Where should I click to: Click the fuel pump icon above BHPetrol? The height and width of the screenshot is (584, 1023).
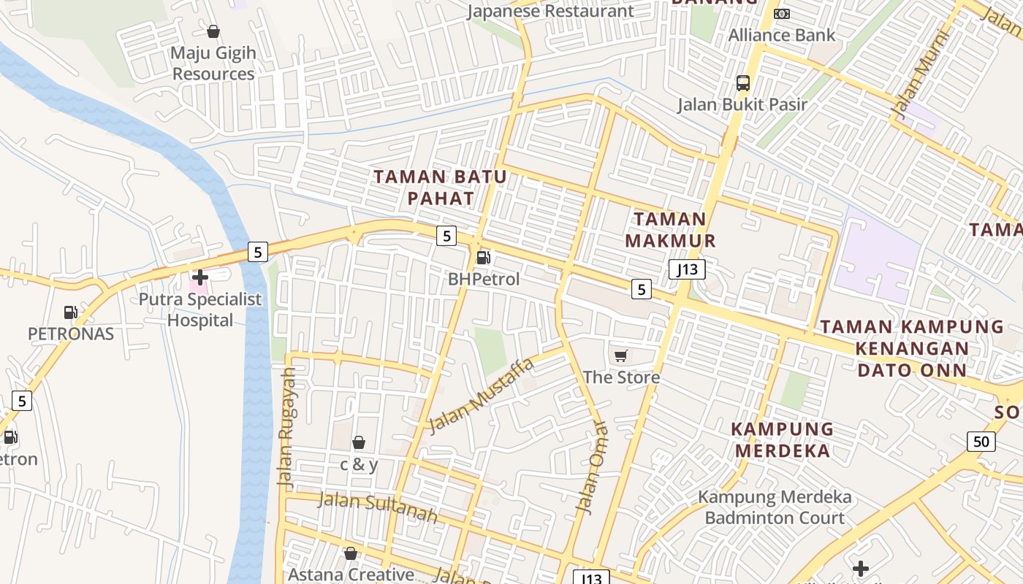[482, 257]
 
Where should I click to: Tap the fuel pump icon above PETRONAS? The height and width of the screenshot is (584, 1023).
[71, 312]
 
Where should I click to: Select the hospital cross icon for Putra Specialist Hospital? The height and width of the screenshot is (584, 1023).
[200, 277]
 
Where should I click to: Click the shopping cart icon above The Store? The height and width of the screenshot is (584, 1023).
[621, 356]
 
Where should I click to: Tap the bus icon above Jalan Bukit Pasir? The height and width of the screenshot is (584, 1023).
[743, 83]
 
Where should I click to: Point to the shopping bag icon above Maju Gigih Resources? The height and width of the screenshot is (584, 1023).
[213, 31]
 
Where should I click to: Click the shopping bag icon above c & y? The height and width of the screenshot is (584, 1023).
[359, 442]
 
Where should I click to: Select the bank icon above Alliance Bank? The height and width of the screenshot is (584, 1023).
[782, 14]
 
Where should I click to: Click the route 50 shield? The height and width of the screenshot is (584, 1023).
[981, 441]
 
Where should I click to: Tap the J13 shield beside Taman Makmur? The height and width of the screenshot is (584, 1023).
[687, 269]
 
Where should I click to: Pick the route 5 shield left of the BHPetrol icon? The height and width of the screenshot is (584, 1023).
[446, 236]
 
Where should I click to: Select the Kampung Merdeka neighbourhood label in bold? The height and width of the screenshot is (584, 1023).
[782, 439]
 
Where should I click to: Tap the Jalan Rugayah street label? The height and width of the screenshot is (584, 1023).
[287, 428]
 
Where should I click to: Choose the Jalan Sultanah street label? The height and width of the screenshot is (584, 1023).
[378, 507]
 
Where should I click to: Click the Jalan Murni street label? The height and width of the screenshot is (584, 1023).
[919, 74]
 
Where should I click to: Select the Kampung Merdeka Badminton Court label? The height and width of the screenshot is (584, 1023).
[775, 507]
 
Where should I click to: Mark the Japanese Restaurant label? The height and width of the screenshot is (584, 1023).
[550, 11]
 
